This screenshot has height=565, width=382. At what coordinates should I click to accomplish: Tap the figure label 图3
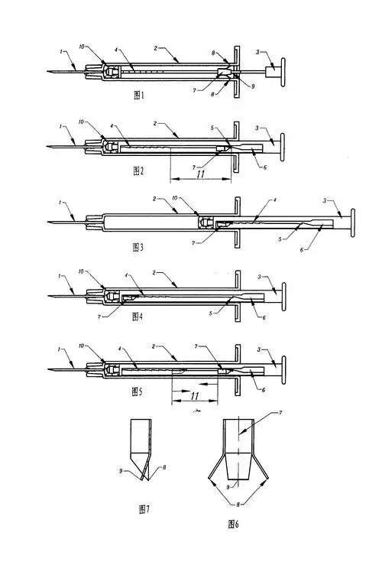138,247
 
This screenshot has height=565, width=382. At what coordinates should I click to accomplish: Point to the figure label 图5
138,391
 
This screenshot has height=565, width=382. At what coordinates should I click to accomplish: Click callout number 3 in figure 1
258,52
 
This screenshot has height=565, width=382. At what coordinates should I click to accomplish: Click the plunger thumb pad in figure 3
354,221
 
